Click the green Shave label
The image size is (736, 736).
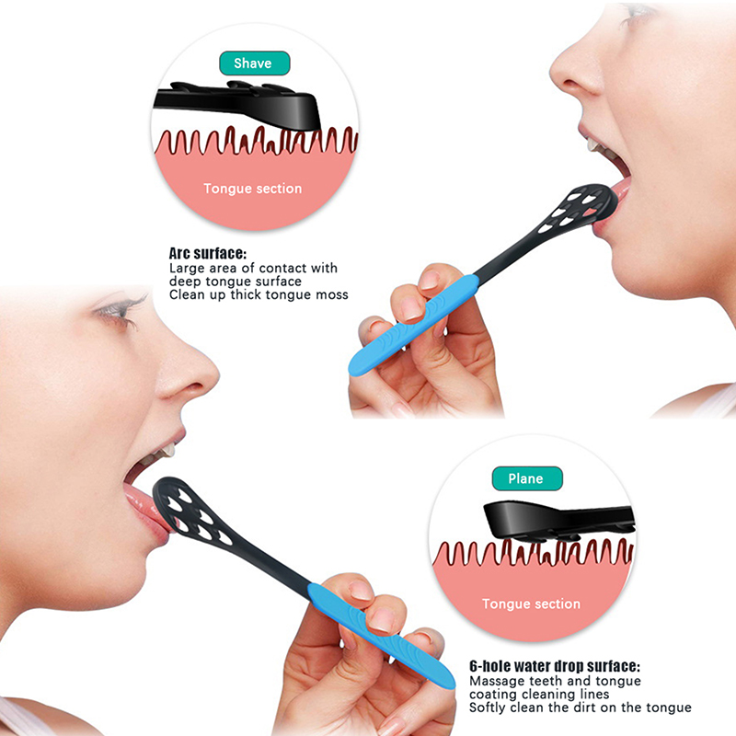pos(255,63)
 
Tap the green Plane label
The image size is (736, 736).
pos(526,478)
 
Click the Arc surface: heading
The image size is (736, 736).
pos(208,254)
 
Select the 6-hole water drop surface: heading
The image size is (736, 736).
pos(555,666)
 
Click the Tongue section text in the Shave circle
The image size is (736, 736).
pos(252,189)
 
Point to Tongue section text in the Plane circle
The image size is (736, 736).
pos(531,604)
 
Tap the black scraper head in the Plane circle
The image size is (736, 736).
pos(558,521)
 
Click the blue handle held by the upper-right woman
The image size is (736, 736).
pos(413,325)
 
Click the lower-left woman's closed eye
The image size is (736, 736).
pos(120,308)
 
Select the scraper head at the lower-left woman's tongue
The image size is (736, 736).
pos(192,512)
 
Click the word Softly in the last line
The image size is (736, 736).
pos(488,707)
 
